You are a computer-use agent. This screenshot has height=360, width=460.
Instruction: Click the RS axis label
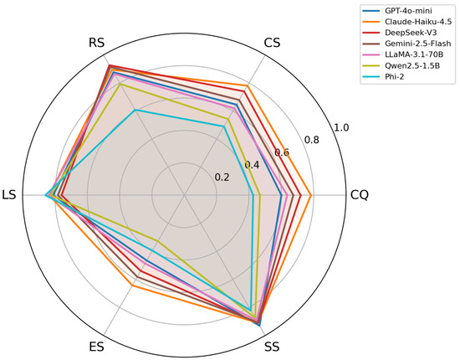click(x=96, y=43)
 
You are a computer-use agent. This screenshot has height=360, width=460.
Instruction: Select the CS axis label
click(x=272, y=43)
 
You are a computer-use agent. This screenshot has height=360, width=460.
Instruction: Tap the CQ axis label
click(x=360, y=195)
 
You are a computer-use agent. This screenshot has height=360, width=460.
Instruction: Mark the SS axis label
click(x=272, y=347)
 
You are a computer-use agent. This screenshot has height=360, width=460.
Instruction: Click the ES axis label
click(x=96, y=347)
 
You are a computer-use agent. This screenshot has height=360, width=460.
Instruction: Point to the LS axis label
click(x=9, y=195)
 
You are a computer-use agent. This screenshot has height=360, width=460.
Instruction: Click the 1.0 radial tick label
click(x=341, y=128)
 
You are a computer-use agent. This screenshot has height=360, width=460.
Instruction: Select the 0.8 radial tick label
click(x=312, y=140)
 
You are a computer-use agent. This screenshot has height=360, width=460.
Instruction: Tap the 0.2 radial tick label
click(x=222, y=177)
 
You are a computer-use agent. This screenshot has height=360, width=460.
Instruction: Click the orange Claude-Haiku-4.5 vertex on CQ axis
click(x=311, y=195)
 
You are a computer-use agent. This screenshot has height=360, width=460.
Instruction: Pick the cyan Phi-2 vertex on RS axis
click(x=135, y=111)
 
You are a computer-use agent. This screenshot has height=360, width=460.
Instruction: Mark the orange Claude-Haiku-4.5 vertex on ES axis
click(x=132, y=285)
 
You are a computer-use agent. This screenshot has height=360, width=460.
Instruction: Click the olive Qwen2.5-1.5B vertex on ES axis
click(x=157, y=241)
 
